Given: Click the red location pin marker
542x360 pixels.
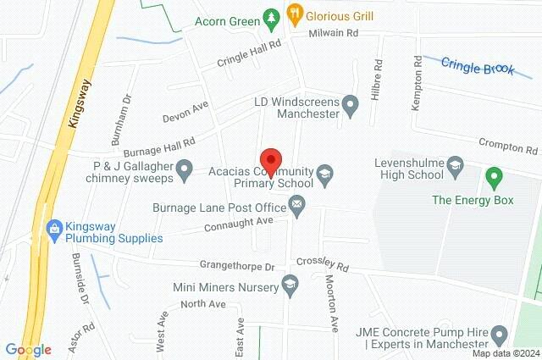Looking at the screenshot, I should [x=270, y=160].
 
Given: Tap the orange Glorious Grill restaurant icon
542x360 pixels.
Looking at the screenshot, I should [x=295, y=14].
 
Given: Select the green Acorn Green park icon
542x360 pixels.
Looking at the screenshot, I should [x=270, y=16].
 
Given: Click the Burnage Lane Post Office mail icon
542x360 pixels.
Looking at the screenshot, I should [x=297, y=203].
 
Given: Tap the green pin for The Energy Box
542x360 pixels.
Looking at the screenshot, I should [x=494, y=178].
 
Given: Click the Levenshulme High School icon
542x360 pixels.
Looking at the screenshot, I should [x=456, y=163].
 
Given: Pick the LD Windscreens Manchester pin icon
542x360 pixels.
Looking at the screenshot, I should [x=352, y=105].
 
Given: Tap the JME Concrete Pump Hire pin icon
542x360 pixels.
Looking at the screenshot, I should [x=499, y=333].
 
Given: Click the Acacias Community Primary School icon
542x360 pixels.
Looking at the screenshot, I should [x=324, y=175].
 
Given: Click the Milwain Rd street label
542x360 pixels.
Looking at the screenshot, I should [x=333, y=32].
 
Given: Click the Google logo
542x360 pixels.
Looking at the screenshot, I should [x=28, y=349].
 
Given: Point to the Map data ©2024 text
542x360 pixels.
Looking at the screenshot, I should [x=505, y=353].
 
